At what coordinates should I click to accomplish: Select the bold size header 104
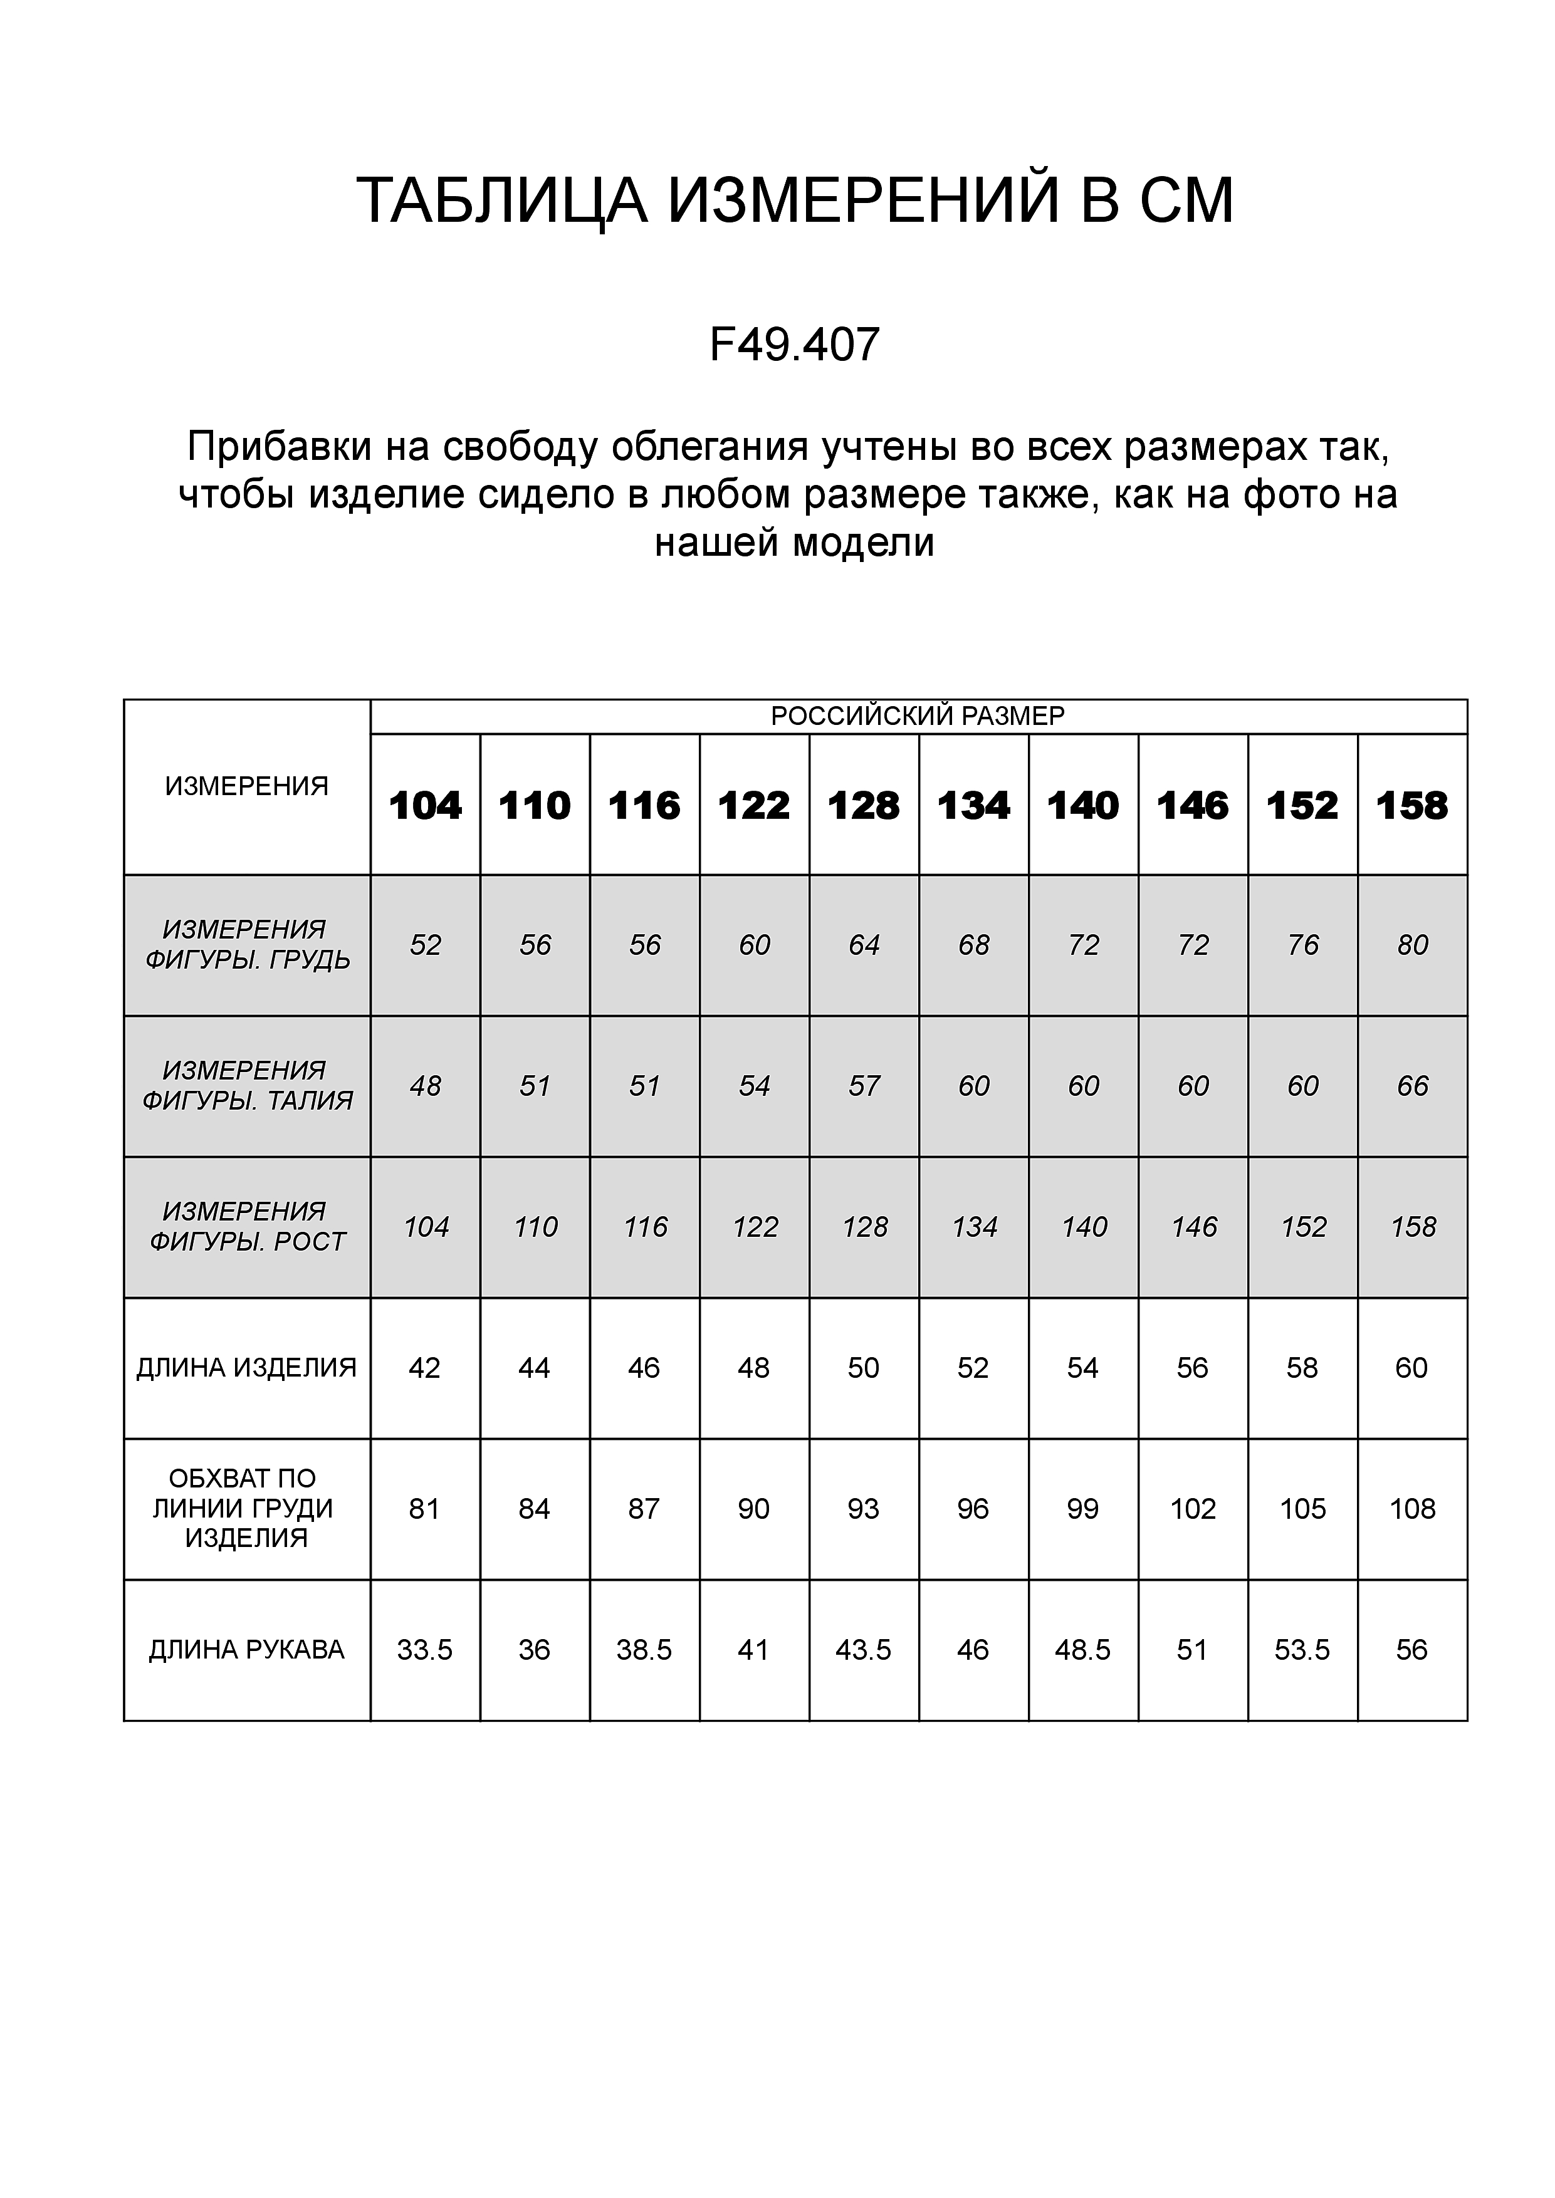[425, 806]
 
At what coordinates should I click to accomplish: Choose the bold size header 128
[864, 806]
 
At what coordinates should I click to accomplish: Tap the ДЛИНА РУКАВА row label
[246, 1650]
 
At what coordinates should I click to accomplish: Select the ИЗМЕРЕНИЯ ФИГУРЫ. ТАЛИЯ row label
[246, 1086]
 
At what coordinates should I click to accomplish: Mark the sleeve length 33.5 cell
[424, 1650]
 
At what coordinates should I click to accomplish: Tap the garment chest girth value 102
[1193, 1509]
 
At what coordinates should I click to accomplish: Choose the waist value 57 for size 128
[864, 1086]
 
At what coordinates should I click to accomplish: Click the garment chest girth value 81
[424, 1509]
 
